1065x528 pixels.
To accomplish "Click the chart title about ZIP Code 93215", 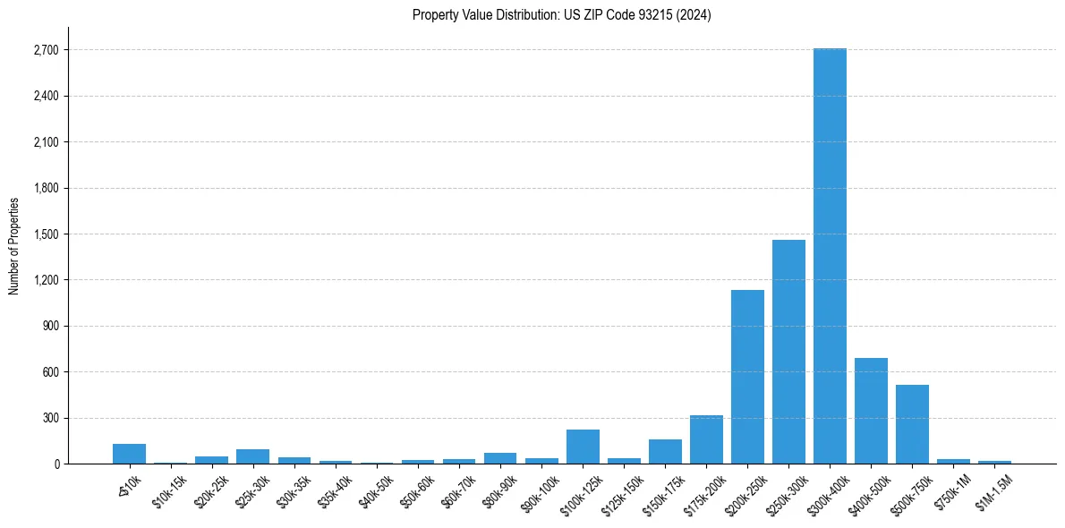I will click(561, 14).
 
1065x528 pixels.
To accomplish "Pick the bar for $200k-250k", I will click(747, 377).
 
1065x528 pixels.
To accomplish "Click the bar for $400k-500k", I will click(871, 411).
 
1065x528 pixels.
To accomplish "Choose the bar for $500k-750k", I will click(912, 424).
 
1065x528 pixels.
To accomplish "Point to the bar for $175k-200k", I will click(706, 439).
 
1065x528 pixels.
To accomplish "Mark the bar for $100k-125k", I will click(583, 447).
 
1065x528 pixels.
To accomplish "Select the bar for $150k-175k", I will click(665, 451).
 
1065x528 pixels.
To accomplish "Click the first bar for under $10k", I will click(129, 454).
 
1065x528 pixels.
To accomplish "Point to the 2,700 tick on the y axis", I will click(45, 50).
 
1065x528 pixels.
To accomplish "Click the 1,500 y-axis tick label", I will click(45, 234).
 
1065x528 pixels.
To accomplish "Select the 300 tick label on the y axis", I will click(49, 418).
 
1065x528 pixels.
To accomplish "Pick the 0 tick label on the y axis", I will click(55, 464).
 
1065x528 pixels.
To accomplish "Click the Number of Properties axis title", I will click(14, 245).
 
